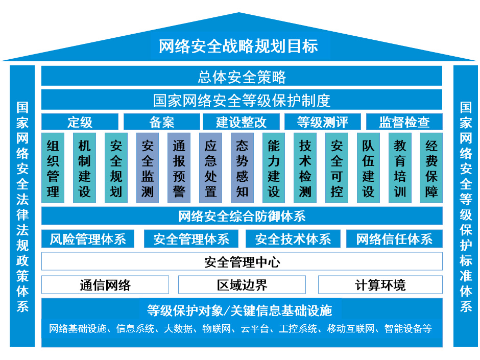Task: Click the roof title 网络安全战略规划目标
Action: pyautogui.click(x=238, y=46)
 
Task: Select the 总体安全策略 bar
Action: pyautogui.click(x=242, y=77)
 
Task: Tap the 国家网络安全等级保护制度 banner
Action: pyautogui.click(x=242, y=100)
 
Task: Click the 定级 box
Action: pyautogui.click(x=80, y=123)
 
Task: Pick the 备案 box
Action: pyautogui.click(x=161, y=123)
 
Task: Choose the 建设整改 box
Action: pyautogui.click(x=242, y=123)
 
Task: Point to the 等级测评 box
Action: pyautogui.click(x=322, y=123)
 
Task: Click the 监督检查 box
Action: pyautogui.click(x=404, y=123)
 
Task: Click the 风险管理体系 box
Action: pyautogui.click(x=88, y=239)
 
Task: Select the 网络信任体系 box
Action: pyautogui.click(x=394, y=239)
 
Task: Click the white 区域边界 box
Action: pyautogui.click(x=242, y=285)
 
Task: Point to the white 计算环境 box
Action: pyautogui.click(x=380, y=285)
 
